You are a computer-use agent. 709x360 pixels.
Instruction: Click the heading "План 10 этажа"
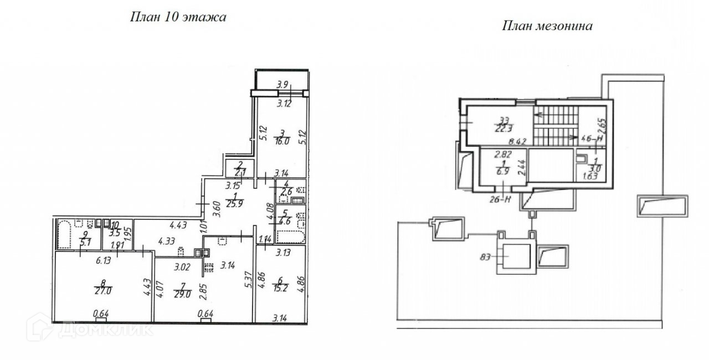[x=178, y=17]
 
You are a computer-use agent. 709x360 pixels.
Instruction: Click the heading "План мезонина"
[x=547, y=25]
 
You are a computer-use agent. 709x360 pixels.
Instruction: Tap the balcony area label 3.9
[x=282, y=85]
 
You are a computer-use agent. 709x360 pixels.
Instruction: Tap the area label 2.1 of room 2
[x=240, y=172]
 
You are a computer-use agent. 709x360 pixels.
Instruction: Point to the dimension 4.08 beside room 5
[x=270, y=214]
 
